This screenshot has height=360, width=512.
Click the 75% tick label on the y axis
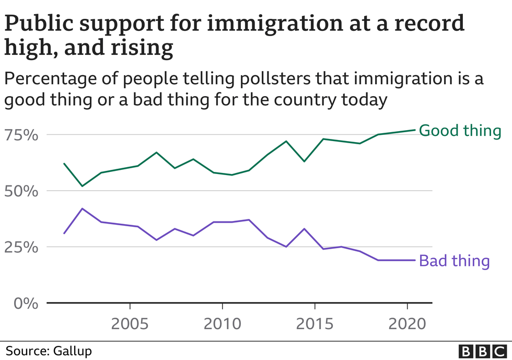point(22,135)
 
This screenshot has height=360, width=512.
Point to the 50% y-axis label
point(22,191)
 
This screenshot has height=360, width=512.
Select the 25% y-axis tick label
point(22,247)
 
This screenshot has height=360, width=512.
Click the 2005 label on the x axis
point(129,324)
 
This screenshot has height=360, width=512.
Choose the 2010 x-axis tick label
point(222,324)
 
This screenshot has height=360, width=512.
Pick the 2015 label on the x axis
point(315,324)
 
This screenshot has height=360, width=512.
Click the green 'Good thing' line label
point(460,130)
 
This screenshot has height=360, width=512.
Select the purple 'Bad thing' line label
point(455,260)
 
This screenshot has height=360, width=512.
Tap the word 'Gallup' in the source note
point(66,350)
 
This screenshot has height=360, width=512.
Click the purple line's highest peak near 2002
point(82,208)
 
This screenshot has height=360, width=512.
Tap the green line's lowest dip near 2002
point(82,186)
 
